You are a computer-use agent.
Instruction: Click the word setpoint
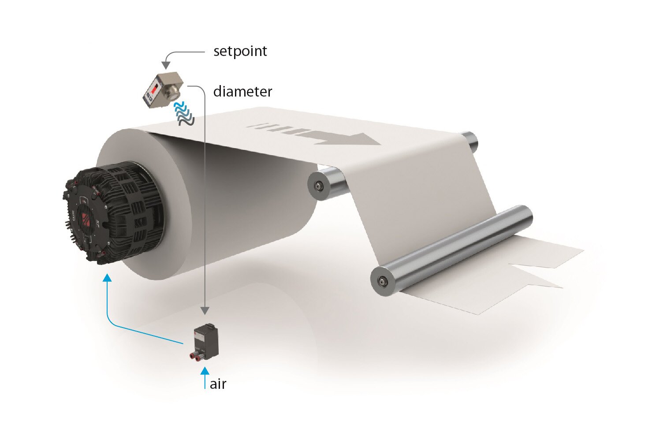point(240,51)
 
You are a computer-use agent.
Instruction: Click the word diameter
point(242,91)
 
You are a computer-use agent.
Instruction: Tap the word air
point(218,384)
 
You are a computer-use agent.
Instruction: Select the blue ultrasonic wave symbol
point(184,113)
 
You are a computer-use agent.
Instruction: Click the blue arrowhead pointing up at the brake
point(107,278)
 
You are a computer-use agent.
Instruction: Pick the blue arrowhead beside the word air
point(205,370)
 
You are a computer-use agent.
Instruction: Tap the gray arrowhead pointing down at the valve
point(205,311)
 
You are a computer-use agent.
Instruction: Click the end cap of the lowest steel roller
point(382,280)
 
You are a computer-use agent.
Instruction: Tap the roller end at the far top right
point(470,140)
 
